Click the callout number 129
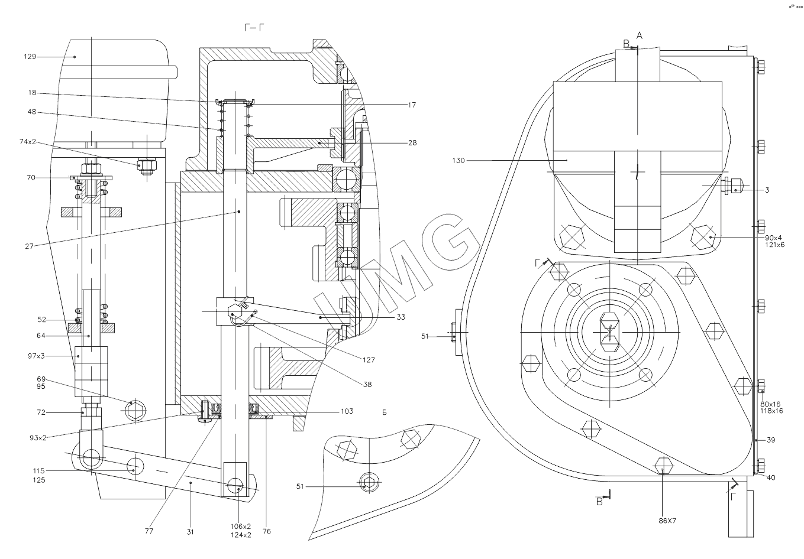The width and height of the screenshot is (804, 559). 30,57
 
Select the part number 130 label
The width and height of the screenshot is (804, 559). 459,160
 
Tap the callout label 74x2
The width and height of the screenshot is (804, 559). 27,142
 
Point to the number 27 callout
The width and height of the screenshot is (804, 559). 30,246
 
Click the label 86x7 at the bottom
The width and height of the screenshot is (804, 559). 667,521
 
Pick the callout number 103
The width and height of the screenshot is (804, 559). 347,411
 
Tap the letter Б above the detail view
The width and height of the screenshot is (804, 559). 384,412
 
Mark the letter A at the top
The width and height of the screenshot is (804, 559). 639,35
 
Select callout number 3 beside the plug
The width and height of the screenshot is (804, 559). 767,190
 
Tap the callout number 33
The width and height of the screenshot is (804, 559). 401,317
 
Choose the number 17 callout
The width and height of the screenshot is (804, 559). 412,105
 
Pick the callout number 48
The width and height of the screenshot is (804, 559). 31,112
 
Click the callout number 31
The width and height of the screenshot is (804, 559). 190,532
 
